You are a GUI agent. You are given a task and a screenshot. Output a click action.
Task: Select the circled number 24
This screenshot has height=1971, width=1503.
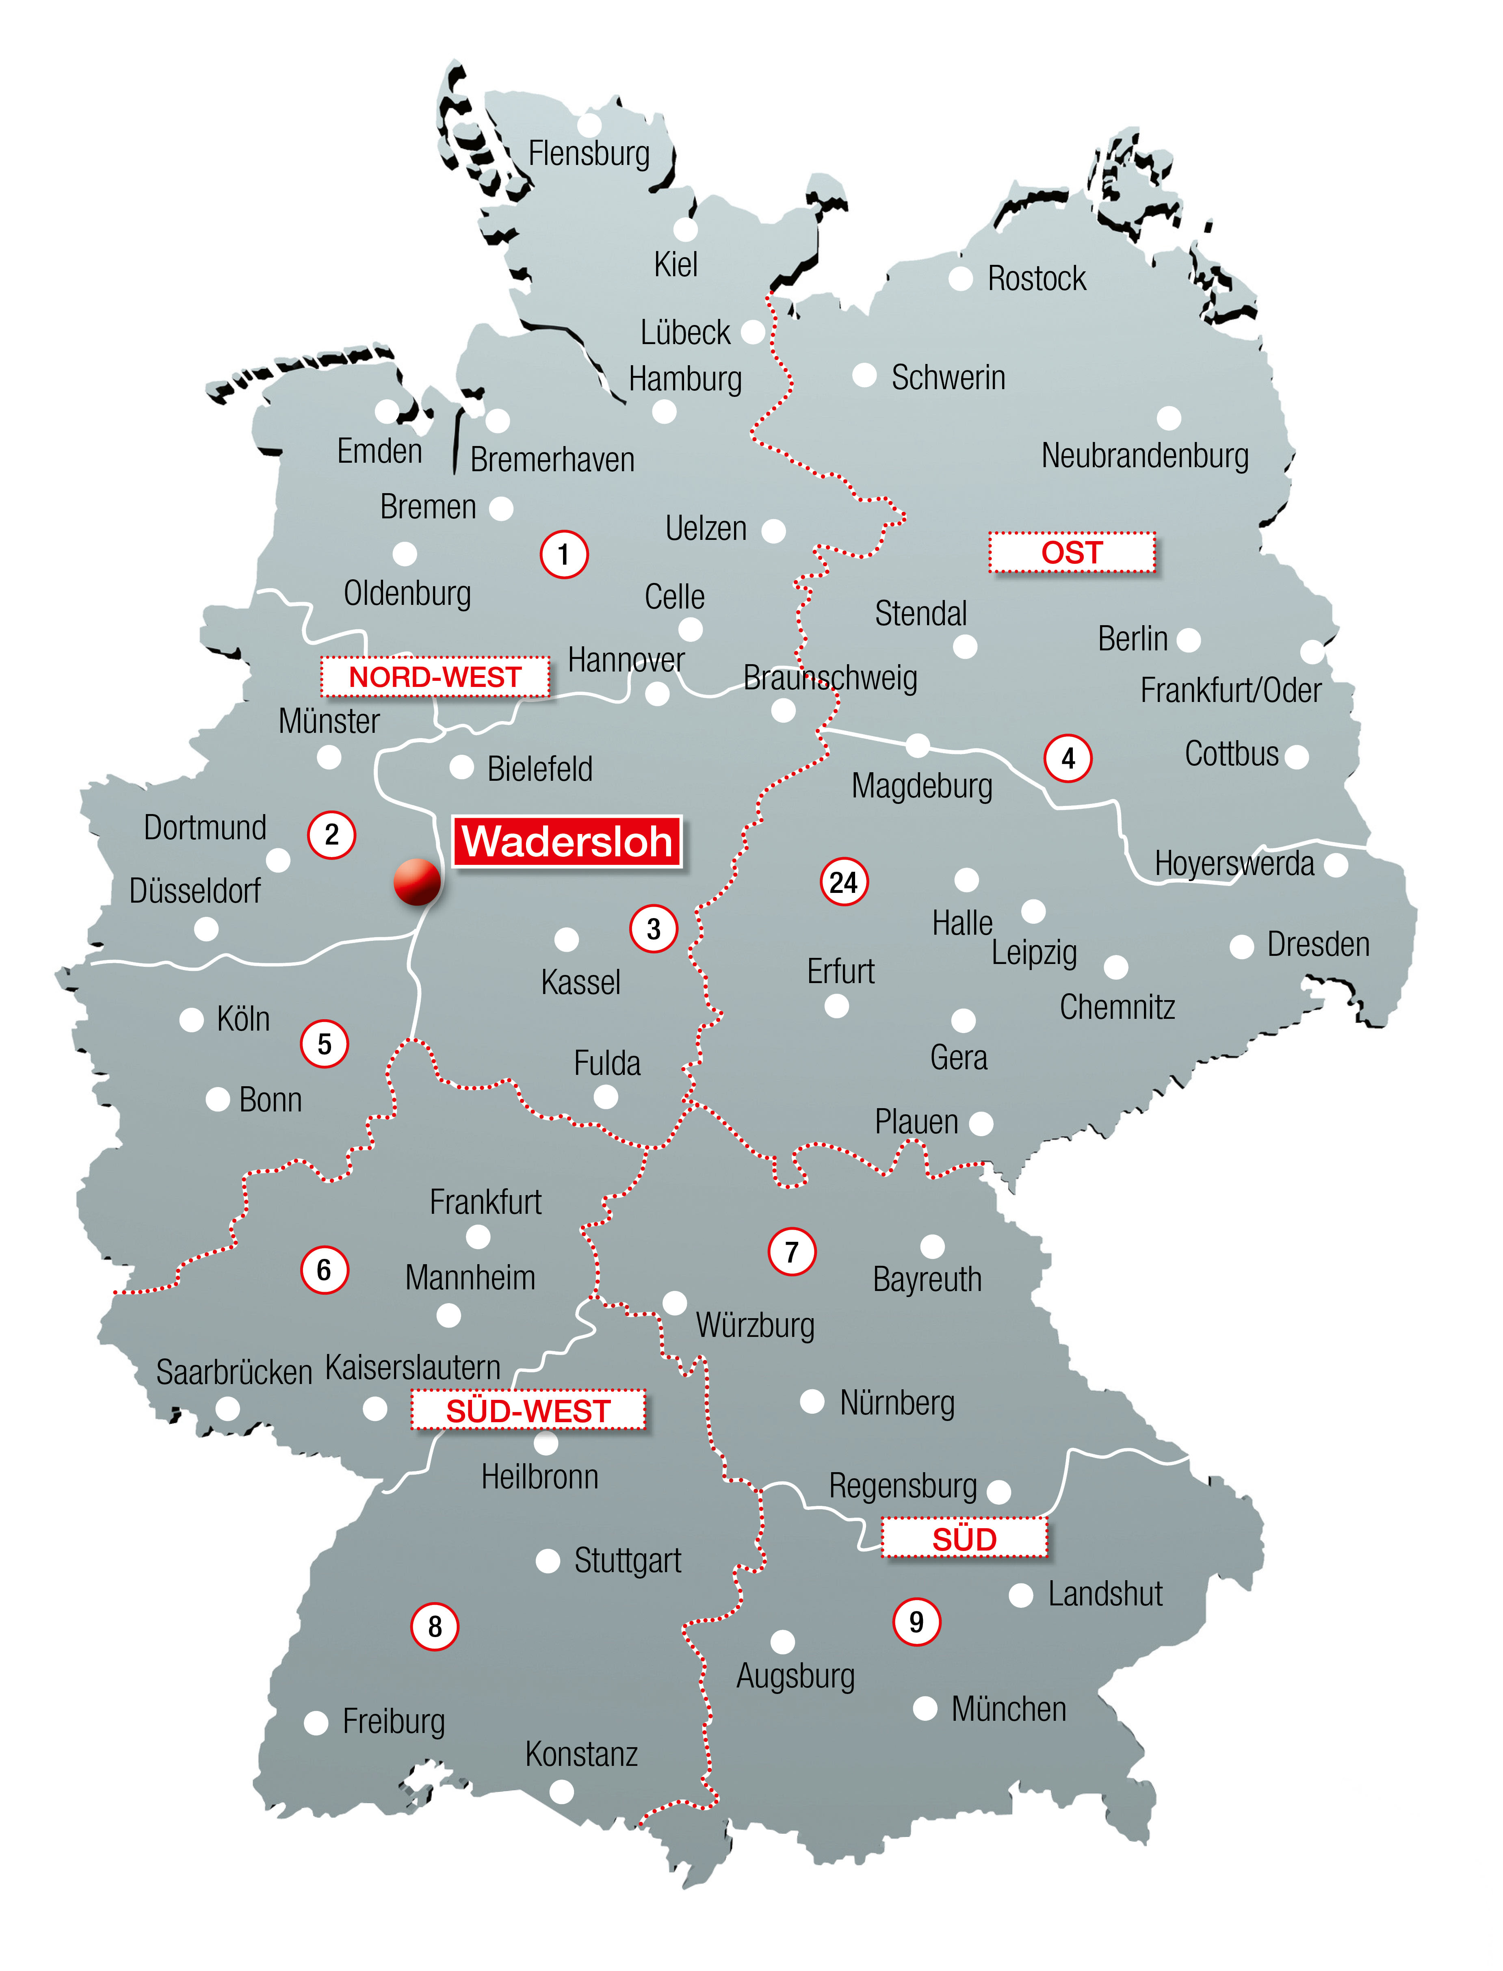pyautogui.click(x=844, y=883)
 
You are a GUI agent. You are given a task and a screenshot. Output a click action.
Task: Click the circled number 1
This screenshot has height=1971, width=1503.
pyautogui.click(x=564, y=555)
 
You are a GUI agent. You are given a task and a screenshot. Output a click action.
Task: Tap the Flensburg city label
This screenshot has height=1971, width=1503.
pyautogui.click(x=589, y=153)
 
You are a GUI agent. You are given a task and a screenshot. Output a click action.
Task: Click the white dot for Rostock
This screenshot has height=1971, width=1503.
pyautogui.click(x=960, y=278)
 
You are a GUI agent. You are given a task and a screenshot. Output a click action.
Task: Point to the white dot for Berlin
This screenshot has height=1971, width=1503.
pyautogui.click(x=1188, y=640)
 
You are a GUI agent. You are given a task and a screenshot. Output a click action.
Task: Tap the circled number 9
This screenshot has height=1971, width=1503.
pyautogui.click(x=916, y=1621)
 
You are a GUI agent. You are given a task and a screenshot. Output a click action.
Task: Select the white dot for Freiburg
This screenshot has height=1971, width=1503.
pyautogui.click(x=316, y=1722)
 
